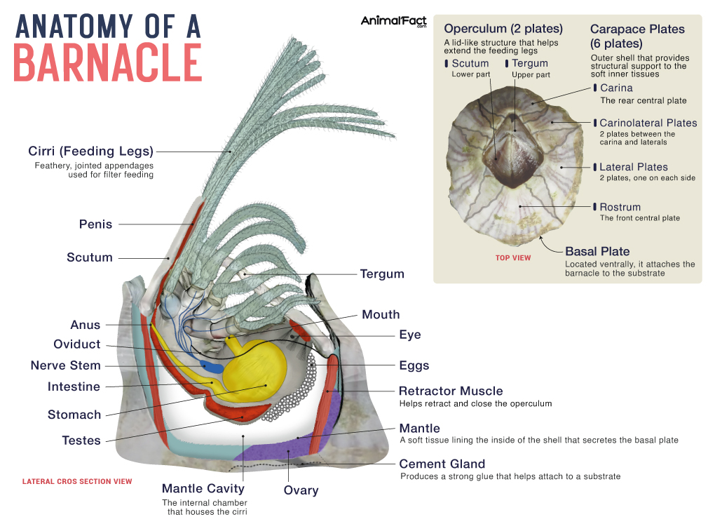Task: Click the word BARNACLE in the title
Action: coord(108,62)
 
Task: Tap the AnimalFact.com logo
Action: coord(394,22)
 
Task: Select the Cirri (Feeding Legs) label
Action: coord(90,151)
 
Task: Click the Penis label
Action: coord(95,224)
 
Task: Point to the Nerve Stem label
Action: coord(65,365)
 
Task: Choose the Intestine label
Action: coord(74,387)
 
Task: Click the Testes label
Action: coord(81,441)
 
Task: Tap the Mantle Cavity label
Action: coord(203,488)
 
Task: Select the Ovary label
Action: coord(301,490)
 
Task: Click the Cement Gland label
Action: coord(442,464)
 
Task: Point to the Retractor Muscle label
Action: coord(451,391)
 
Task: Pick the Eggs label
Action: coord(414,365)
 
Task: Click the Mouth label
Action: coord(381,314)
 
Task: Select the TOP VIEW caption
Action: coord(513,258)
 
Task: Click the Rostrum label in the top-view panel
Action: coord(620,207)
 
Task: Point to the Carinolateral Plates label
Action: coord(648,123)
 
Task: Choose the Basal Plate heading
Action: coord(597,251)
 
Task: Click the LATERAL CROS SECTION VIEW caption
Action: coord(77,482)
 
